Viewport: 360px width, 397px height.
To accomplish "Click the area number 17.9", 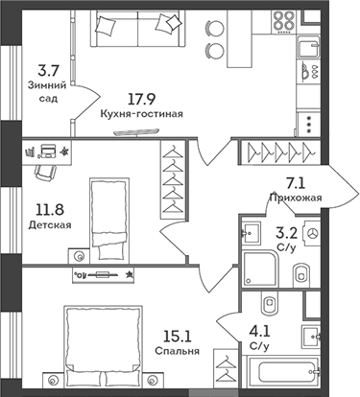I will [141, 96].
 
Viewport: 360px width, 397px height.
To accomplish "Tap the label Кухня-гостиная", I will [141, 112].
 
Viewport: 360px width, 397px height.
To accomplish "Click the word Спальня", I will [177, 350].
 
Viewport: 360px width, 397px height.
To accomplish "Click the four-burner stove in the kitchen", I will [286, 20].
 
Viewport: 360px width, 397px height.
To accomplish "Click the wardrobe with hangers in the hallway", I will [277, 151].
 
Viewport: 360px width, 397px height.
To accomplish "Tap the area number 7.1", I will [294, 183].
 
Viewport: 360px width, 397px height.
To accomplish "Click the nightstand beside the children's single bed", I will [77, 254].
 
